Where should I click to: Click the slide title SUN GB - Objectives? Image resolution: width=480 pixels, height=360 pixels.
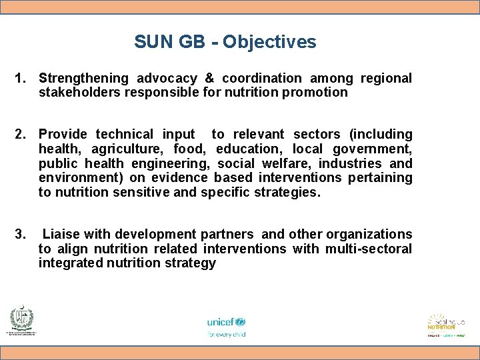point(225,42)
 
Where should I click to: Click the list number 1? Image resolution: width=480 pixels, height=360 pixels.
point(19,79)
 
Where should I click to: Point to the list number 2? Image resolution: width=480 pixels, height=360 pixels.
point(19,135)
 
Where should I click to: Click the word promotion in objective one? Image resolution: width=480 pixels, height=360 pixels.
point(315,93)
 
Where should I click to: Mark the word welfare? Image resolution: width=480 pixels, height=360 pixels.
point(289,164)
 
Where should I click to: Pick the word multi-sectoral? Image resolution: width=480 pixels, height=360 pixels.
point(369,249)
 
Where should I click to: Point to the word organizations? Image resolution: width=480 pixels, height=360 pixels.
point(367,235)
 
